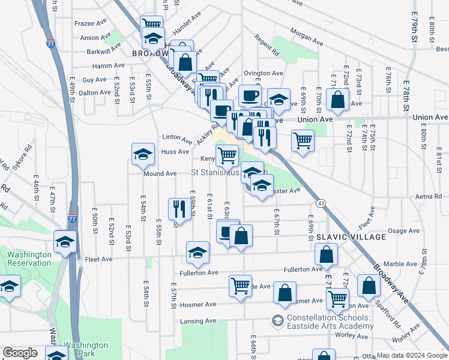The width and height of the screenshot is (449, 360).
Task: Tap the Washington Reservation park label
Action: tap(29, 259)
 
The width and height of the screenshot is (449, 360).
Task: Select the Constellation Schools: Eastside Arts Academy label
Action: tap(330, 322)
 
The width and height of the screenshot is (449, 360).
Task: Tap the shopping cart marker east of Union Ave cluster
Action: tap(303, 141)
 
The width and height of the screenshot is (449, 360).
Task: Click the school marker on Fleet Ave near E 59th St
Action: tap(197, 252)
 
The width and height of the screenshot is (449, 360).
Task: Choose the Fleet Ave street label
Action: tap(98, 260)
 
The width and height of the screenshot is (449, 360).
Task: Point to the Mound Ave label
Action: tap(160, 173)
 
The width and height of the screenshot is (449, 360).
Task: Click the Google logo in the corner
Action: tap(20, 353)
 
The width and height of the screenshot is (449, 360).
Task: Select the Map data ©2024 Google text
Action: tap(412, 355)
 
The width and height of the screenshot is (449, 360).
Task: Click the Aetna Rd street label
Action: tap(429, 196)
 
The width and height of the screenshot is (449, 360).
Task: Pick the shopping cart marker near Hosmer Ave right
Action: tap(337, 298)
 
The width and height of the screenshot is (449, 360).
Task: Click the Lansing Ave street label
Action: tap(199, 321)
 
